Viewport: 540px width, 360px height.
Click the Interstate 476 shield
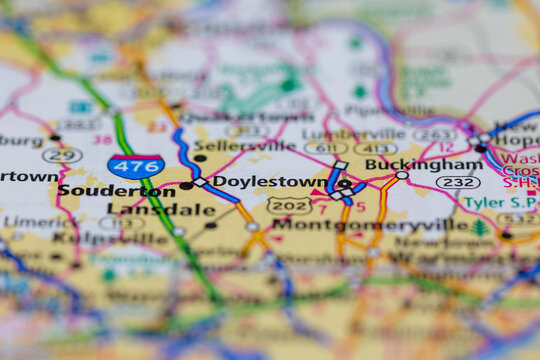tap(136, 166)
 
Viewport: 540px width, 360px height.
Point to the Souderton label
tap(102, 190)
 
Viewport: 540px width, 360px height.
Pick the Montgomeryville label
tap(370, 225)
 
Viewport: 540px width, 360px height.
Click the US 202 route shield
tap(288, 204)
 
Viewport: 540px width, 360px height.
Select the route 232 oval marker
tap(458, 182)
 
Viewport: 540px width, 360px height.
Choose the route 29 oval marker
tap(62, 155)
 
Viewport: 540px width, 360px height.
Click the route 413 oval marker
tap(375, 148)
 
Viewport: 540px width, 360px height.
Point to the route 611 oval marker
tap(326, 148)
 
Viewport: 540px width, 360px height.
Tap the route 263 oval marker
tap(434, 134)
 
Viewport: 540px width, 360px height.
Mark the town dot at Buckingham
tap(402, 175)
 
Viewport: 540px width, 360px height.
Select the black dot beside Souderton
tap(186, 185)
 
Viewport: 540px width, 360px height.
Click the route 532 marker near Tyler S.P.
tap(517, 219)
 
